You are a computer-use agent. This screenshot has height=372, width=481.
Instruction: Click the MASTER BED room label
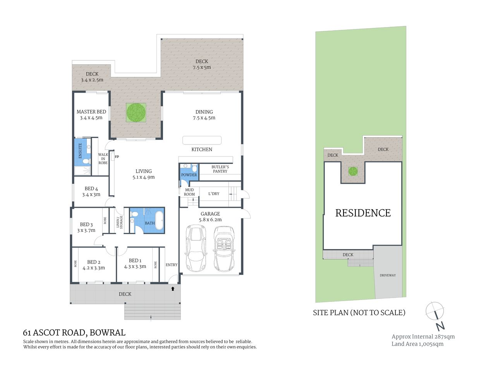91,112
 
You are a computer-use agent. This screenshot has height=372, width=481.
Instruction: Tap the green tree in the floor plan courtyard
136,112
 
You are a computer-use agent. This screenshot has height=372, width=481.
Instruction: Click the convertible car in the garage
224,249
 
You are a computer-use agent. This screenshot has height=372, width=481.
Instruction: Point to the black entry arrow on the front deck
173,289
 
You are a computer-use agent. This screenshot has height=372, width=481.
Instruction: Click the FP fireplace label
117,157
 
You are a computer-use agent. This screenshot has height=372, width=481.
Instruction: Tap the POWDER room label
189,175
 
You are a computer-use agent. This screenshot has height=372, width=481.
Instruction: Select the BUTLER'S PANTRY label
220,169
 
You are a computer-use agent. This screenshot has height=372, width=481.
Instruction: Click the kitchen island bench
202,140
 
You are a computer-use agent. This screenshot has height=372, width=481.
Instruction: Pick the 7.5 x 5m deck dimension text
202,67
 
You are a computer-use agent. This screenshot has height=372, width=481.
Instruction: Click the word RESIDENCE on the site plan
363,213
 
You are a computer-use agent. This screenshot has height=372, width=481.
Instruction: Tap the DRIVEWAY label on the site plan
388,275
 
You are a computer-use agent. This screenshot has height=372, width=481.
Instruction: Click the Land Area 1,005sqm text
417,344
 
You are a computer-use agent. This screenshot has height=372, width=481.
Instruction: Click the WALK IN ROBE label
103,158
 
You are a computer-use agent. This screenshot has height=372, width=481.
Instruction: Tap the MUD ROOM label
189,192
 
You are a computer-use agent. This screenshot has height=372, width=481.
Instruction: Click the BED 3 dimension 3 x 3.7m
86,230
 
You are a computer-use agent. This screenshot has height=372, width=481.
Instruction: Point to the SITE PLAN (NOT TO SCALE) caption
359,313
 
